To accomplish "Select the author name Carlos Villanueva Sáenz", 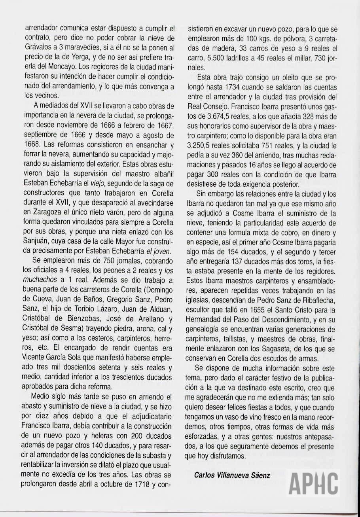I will pos(232,475).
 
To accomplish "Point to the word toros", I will pos(306,262).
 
